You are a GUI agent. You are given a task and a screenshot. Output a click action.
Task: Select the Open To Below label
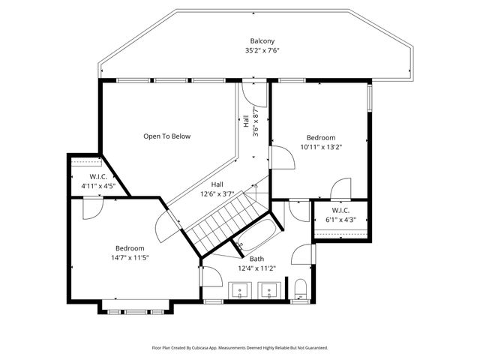click(167, 136)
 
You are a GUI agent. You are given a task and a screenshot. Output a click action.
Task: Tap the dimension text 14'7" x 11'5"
click(130, 257)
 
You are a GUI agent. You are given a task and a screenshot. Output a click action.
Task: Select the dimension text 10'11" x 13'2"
click(320, 147)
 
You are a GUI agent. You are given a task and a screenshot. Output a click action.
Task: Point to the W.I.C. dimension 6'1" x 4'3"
click(340, 220)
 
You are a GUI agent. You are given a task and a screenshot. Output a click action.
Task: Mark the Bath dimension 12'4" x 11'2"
click(256, 268)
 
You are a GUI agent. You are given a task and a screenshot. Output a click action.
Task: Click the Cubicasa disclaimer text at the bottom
click(240, 347)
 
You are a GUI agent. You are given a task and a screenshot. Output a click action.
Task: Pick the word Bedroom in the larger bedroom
click(130, 248)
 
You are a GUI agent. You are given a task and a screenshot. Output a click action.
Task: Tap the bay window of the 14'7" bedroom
click(136, 308)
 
